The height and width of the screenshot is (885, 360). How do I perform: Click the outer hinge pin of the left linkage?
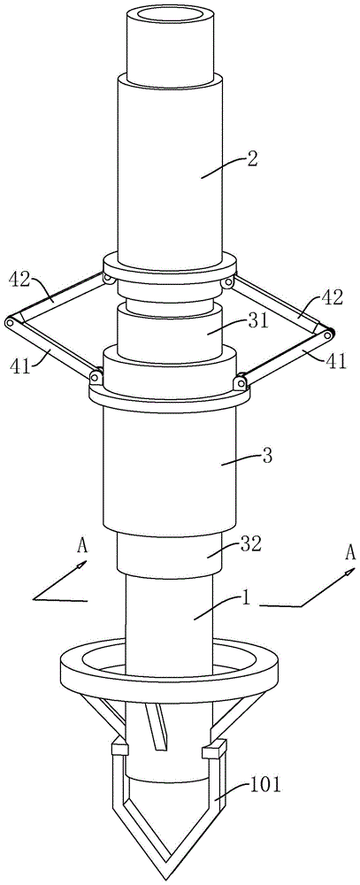[x=9, y=325]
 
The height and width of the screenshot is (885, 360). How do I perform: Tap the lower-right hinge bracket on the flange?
[x=240, y=382]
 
